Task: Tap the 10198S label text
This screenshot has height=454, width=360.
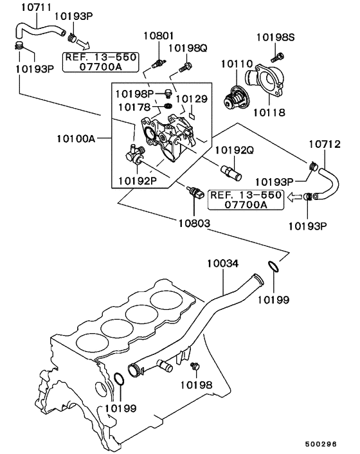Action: click(276, 37)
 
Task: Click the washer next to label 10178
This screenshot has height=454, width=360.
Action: click(166, 105)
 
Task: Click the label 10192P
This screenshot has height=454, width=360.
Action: click(137, 181)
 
